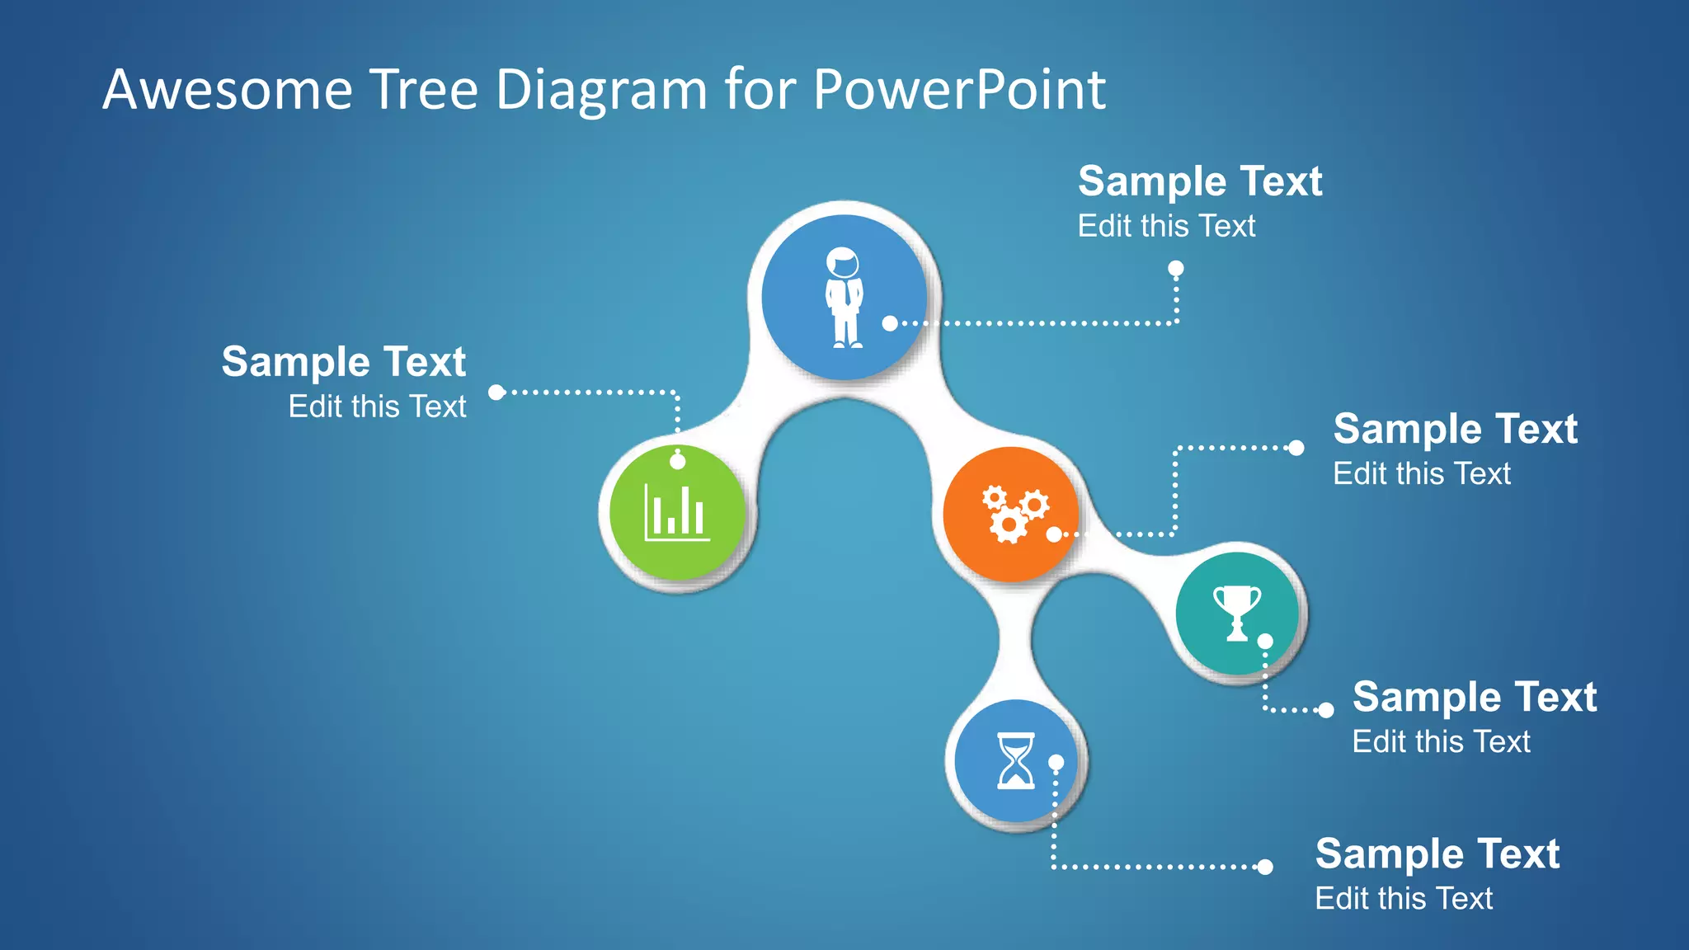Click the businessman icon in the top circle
tap(844, 297)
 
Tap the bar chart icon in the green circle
tap(677, 513)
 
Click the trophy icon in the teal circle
tap(1236, 613)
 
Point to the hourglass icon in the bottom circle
tap(1015, 760)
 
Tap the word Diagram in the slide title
tap(601, 91)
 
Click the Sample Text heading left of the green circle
tap(343, 362)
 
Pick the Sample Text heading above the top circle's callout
tap(1200, 181)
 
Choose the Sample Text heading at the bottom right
tap(1437, 854)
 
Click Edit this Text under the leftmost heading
tap(377, 407)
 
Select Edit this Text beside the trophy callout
tap(1441, 741)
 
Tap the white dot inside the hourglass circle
tap(1056, 763)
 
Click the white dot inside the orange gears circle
tap(1054, 534)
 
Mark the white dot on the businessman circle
tap(890, 323)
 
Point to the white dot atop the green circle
tap(678, 462)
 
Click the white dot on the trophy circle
tap(1265, 641)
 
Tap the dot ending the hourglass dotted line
tap(1265, 867)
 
